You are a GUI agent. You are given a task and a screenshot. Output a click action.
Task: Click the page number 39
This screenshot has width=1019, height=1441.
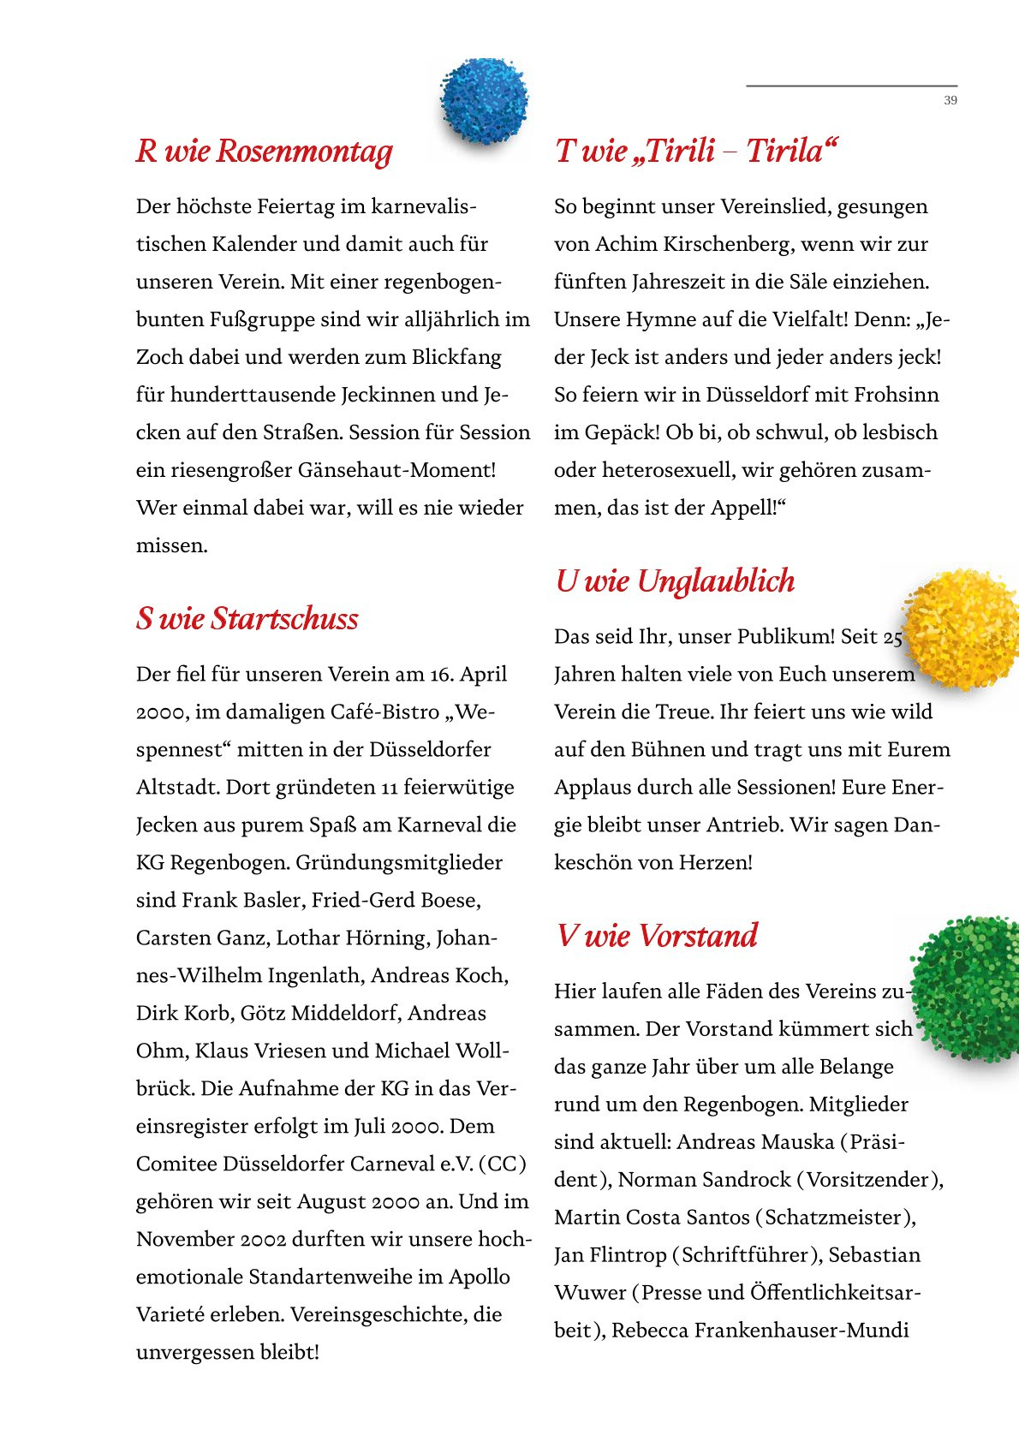coord(950,100)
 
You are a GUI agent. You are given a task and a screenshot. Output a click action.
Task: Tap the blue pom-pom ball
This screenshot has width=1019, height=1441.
coord(484,100)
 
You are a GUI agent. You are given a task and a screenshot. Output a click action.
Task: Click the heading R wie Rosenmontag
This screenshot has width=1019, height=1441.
coord(264,151)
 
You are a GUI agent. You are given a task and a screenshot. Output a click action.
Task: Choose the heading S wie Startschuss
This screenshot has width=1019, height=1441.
coord(247,618)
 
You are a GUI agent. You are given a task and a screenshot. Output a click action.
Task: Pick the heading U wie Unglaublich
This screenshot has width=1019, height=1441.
coord(675,581)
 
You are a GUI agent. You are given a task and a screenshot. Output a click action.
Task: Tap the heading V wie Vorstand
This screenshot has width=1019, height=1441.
coord(657,935)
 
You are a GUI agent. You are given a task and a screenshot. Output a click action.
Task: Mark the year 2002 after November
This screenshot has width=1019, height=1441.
coord(263,1239)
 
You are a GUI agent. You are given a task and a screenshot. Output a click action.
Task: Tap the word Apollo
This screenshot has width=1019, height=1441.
coord(480,1277)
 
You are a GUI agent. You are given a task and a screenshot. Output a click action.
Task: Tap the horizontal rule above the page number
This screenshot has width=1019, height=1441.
coord(851,86)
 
